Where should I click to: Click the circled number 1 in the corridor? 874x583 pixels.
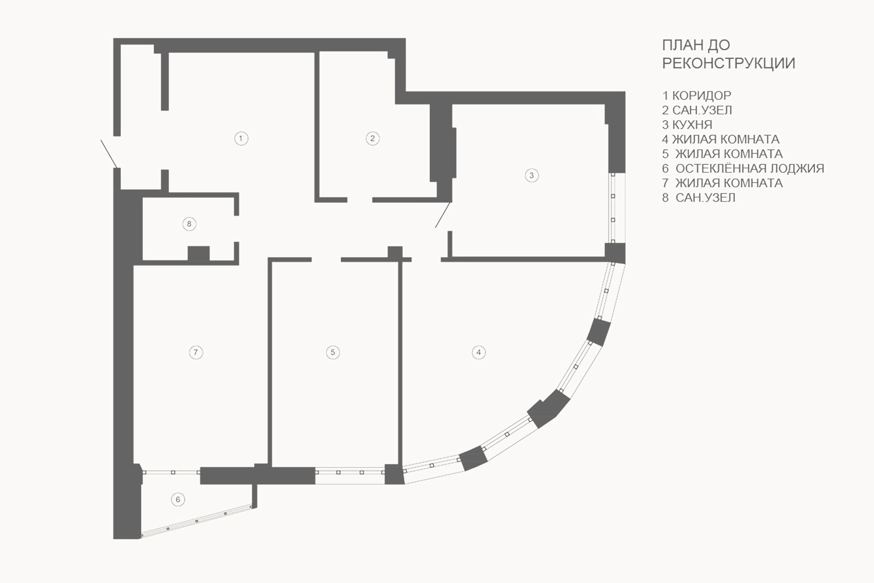pyautogui.click(x=241, y=138)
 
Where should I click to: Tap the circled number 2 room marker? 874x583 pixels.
pyautogui.click(x=373, y=138)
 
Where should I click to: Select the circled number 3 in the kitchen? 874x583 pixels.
pyautogui.click(x=532, y=175)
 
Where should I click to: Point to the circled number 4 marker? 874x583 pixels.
pyautogui.click(x=478, y=352)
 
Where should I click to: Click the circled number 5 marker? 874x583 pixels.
pyautogui.click(x=333, y=352)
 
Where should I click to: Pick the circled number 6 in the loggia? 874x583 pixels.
pyautogui.click(x=178, y=499)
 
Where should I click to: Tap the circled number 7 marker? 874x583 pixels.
pyautogui.click(x=196, y=352)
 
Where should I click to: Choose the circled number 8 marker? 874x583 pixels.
pyautogui.click(x=189, y=224)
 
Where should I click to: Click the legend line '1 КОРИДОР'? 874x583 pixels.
pyautogui.click(x=696, y=96)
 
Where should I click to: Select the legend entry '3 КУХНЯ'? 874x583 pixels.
pyautogui.click(x=687, y=125)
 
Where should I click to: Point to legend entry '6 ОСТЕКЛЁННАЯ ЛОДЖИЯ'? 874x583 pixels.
pyautogui.click(x=743, y=169)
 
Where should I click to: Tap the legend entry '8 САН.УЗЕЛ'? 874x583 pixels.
pyautogui.click(x=699, y=198)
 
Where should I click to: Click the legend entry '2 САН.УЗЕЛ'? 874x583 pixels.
pyautogui.click(x=697, y=110)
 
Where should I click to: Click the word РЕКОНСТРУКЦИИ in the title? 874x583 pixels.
pyautogui.click(x=728, y=63)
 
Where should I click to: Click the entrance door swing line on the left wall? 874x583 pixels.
pyautogui.click(x=110, y=154)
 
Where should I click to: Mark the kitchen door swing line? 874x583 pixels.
pyautogui.click(x=443, y=215)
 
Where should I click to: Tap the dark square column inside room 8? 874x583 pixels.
pyautogui.click(x=199, y=254)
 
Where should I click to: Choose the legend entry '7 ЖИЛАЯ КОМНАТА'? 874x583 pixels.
pyautogui.click(x=722, y=183)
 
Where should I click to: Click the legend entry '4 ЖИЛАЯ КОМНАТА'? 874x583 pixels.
pyautogui.click(x=721, y=139)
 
